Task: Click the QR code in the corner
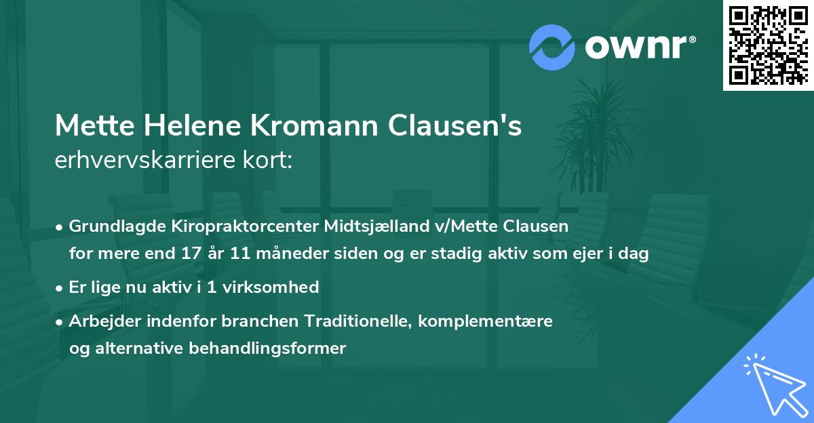pos(767,45)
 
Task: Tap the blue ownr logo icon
pos(553,47)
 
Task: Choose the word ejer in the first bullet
pos(581,254)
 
